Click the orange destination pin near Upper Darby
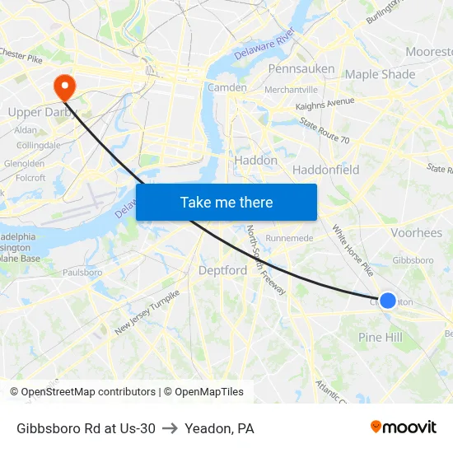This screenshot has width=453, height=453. pos(63,86)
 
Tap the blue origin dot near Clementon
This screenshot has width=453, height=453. pos(387,301)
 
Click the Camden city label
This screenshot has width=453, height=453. pos(226,87)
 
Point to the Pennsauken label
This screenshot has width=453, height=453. pos(301,68)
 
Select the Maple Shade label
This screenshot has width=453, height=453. pos(380,74)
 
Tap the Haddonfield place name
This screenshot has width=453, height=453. pos(325,170)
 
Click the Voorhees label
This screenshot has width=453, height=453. pos(417,233)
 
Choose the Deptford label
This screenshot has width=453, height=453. pos(222,270)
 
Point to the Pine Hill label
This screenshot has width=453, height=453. pos(381,338)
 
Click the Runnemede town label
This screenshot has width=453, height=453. pos(290,238)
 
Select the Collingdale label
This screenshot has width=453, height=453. pos(39,145)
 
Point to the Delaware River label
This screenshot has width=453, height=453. pos(264,44)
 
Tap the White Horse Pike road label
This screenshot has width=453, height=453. pos(353,250)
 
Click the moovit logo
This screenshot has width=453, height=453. pos(403,427)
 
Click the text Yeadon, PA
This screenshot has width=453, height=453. pos(219,428)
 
